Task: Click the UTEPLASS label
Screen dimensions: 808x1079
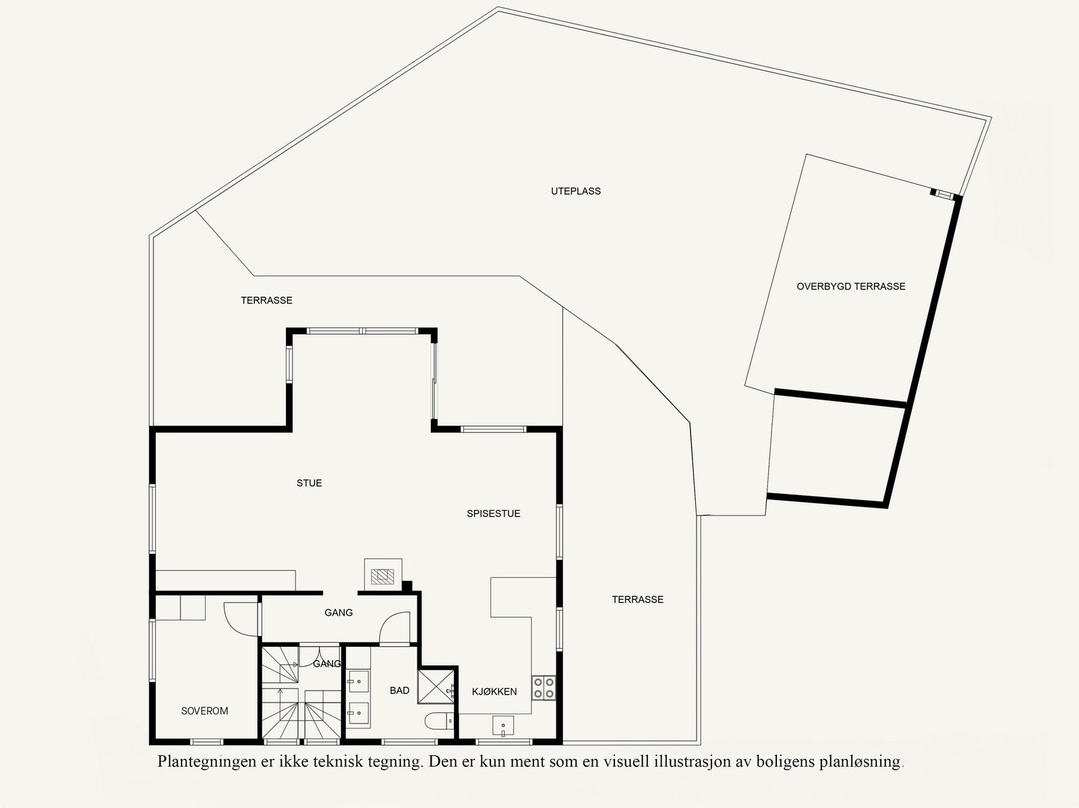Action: tap(575, 192)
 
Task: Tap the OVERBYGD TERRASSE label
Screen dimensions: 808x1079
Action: tap(850, 287)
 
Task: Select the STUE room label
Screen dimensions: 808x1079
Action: tap(309, 484)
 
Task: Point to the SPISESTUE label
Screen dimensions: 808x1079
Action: tap(493, 514)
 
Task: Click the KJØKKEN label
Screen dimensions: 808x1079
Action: tap(494, 692)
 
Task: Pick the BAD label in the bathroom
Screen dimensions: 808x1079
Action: tap(399, 691)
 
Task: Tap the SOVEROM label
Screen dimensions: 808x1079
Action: tap(204, 711)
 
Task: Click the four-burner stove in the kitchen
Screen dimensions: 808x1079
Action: tap(544, 687)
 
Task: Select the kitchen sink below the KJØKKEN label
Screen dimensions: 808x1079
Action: tap(503, 726)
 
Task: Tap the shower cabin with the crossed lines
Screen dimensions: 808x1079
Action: tap(436, 685)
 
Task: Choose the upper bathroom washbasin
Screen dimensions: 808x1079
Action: tap(358, 681)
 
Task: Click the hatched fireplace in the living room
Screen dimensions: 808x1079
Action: tap(382, 575)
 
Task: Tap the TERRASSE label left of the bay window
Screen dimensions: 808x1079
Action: tap(266, 301)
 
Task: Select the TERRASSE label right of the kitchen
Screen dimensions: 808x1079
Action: tap(637, 600)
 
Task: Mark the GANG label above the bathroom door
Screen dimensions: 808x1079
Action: tap(338, 613)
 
